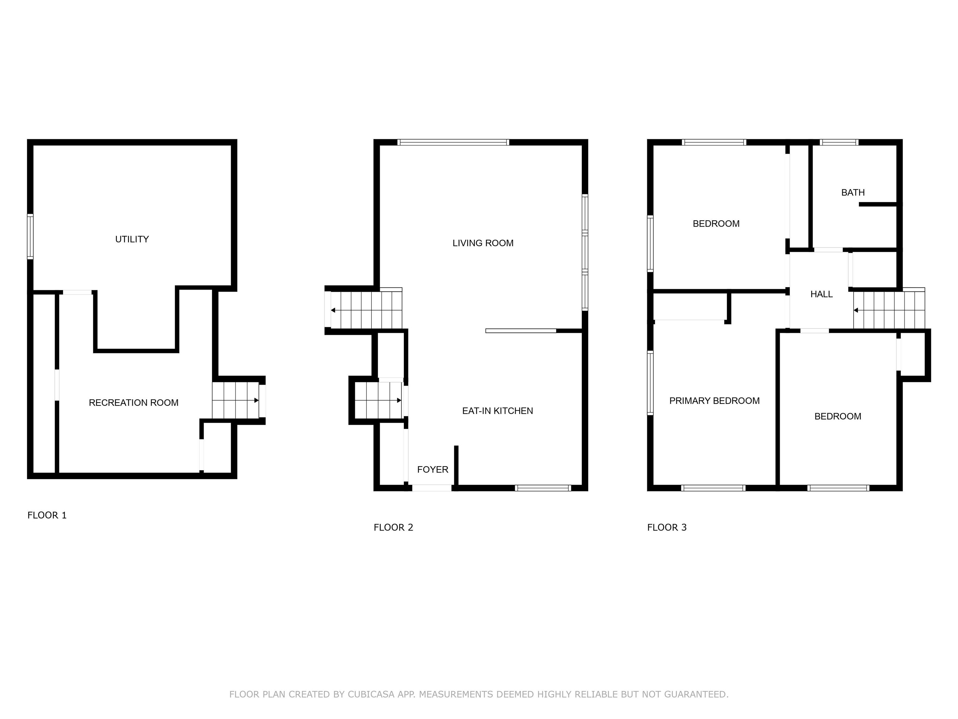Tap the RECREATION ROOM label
133,403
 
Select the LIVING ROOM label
482,243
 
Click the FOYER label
432,469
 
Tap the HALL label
821,294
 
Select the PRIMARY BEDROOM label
714,401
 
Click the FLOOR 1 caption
47,515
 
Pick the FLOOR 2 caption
393,527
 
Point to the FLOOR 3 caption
666,527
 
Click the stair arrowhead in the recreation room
256,400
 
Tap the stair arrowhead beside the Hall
856,310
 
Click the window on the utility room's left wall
30,237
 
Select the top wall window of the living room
453,142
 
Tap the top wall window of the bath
839,142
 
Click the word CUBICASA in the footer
371,694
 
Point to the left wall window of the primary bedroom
650,383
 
